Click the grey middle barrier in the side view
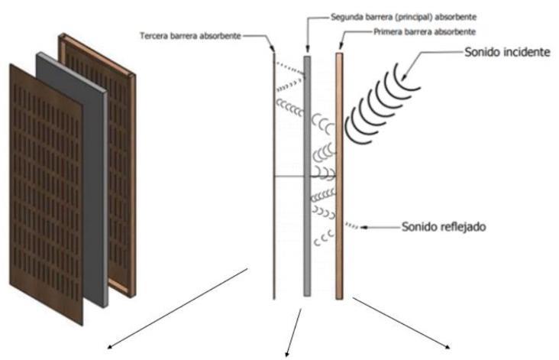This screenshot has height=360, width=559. pos(307,176)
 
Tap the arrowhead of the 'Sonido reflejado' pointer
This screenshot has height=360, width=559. pos(363,227)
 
